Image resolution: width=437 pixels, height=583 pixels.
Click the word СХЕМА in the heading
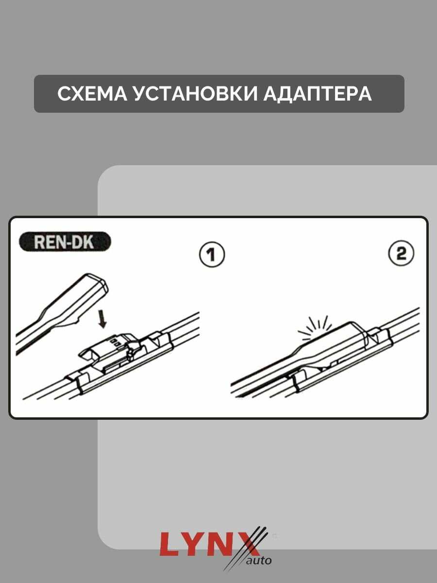click(92, 94)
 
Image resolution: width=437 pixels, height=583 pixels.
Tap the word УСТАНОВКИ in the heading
click(195, 94)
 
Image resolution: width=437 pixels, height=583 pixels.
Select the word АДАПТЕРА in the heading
click(318, 94)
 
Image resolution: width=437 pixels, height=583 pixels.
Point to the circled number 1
click(212, 255)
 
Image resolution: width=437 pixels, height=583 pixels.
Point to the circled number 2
click(401, 254)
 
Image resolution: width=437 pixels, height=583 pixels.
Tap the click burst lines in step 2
click(315, 328)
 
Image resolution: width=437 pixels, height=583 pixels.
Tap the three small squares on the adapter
click(115, 342)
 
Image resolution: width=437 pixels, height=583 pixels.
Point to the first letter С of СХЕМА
click(65, 94)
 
